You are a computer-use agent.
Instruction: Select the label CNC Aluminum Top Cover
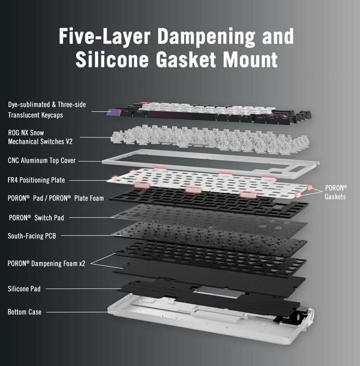tap(42, 160)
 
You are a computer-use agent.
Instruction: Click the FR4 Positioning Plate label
tap(37, 180)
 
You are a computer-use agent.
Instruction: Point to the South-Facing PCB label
tap(32, 236)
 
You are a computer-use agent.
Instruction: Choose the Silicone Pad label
tap(24, 288)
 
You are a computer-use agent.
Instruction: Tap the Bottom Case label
tap(25, 312)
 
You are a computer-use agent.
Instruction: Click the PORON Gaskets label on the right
tap(336, 192)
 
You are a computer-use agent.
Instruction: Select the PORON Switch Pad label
tap(36, 218)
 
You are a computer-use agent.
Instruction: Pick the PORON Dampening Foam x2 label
tap(47, 264)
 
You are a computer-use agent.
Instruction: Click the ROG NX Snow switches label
tap(40, 137)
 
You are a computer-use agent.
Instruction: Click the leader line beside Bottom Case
tap(77, 312)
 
